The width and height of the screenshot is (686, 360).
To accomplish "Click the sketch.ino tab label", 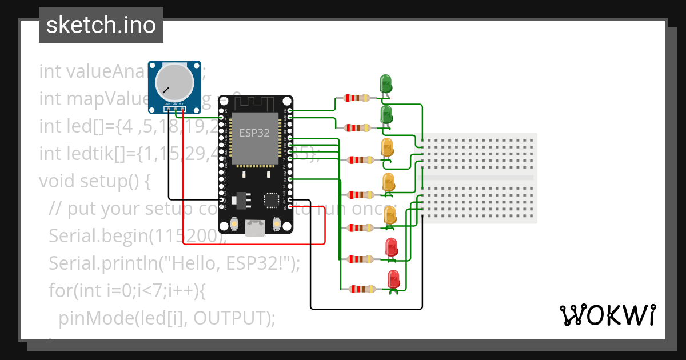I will (101, 25).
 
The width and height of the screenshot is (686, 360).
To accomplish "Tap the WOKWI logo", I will (607, 315).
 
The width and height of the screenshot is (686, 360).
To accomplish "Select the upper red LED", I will (392, 247).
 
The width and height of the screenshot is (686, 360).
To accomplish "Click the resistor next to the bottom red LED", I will (361, 289).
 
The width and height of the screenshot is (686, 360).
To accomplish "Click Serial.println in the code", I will (97, 263).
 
